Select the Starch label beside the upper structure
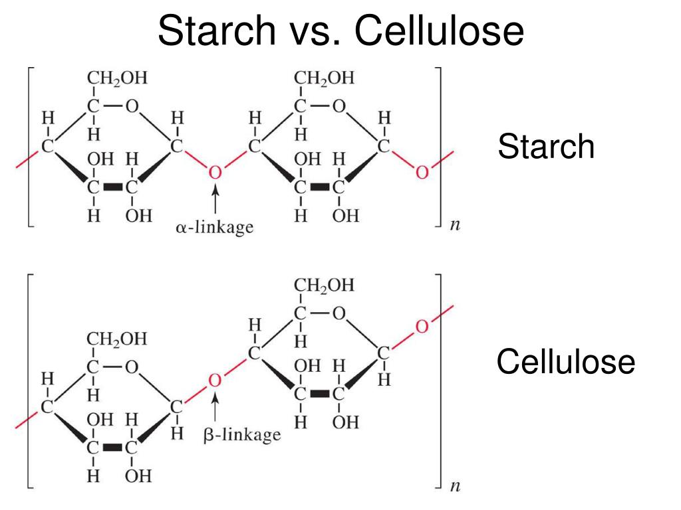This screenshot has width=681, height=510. pyautogui.click(x=546, y=147)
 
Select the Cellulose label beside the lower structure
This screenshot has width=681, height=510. pyautogui.click(x=566, y=363)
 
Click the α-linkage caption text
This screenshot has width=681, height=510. pyautogui.click(x=215, y=227)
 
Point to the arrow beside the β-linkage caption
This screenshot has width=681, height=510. pyautogui.click(x=215, y=408)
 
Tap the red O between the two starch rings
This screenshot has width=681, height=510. pyautogui.click(x=215, y=172)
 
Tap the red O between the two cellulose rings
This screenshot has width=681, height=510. pyautogui.click(x=215, y=380)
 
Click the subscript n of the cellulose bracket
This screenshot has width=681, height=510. pyautogui.click(x=455, y=487)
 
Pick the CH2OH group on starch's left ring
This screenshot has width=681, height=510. pyautogui.click(x=117, y=78)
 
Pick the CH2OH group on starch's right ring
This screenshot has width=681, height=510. pyautogui.click(x=324, y=78)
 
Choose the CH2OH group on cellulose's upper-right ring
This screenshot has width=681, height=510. pyautogui.click(x=324, y=286)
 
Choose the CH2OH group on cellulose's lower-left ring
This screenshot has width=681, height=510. pyautogui.click(x=117, y=339)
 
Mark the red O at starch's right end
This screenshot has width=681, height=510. pyautogui.click(x=422, y=173)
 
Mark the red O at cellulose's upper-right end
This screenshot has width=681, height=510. pyautogui.click(x=422, y=327)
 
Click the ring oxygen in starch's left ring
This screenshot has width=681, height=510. pyautogui.click(x=132, y=106)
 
